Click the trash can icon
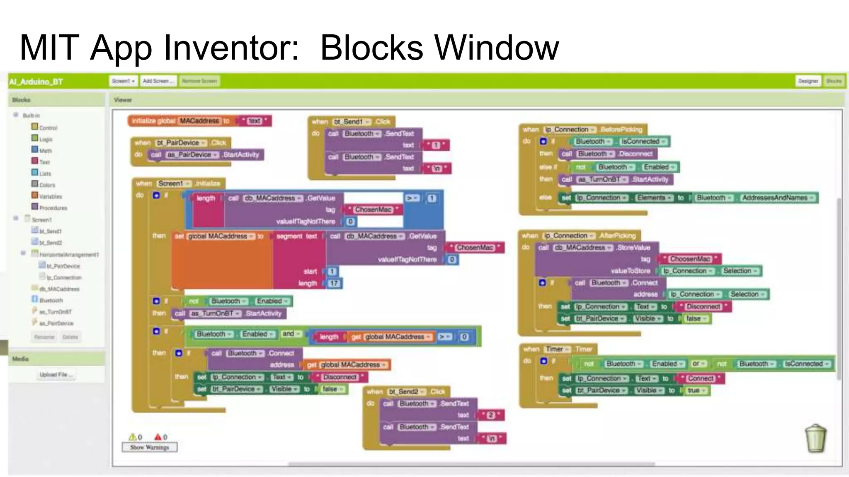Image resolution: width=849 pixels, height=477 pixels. click(x=815, y=438)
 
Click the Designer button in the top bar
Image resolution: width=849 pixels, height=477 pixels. click(x=808, y=81)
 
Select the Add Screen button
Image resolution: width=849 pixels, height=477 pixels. click(x=158, y=81)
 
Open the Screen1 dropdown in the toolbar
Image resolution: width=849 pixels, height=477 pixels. click(x=124, y=81)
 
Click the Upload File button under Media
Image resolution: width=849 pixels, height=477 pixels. click(x=56, y=374)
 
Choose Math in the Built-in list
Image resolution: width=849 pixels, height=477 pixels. click(x=45, y=151)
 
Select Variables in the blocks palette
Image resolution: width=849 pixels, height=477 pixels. click(x=50, y=196)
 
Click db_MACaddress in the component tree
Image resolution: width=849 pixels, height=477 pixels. click(x=59, y=289)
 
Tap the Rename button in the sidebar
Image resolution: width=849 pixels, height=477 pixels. click(x=44, y=337)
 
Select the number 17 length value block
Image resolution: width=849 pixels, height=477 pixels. click(x=334, y=283)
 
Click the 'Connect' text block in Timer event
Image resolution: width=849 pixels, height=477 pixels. click(x=700, y=378)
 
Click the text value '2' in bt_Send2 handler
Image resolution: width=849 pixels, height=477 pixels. click(x=491, y=415)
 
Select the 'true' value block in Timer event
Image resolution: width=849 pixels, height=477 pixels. click(x=694, y=390)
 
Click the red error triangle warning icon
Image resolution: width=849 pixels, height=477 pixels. click(x=158, y=437)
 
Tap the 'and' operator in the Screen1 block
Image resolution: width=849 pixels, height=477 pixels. click(x=289, y=334)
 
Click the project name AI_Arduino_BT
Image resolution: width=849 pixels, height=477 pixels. click(x=36, y=82)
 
